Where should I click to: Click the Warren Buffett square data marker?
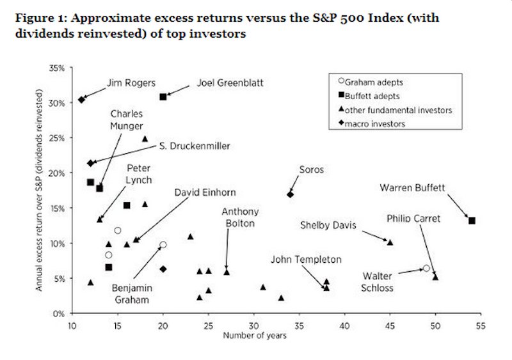point(472,221)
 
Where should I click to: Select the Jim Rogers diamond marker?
point(81,99)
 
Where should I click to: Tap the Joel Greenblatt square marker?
point(163,97)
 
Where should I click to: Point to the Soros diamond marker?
point(290,194)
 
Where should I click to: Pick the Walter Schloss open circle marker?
point(426,269)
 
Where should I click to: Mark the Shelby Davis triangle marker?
point(390,242)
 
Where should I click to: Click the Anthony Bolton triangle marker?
point(227,272)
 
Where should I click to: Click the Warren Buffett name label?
point(412,188)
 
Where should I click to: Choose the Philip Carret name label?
point(413,219)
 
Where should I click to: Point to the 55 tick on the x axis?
point(481,324)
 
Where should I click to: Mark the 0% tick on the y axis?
point(59,313)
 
